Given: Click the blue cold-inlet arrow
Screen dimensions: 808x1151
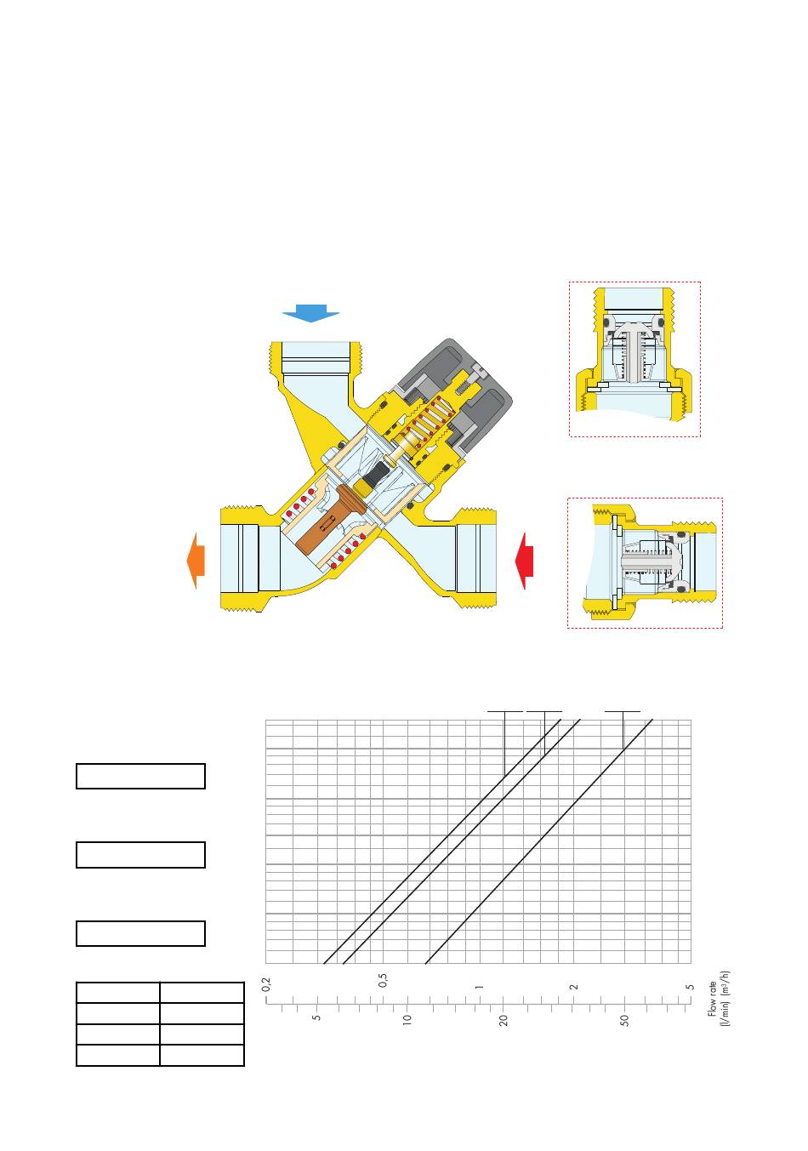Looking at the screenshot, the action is pos(310,313).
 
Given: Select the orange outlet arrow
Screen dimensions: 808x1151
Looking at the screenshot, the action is pos(196,560).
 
